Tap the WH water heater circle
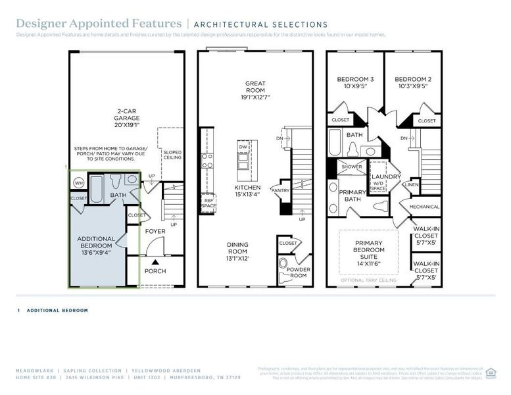tap(78, 182)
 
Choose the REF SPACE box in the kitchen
tap(208, 203)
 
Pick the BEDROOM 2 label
tap(412, 80)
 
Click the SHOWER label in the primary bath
tap(352, 167)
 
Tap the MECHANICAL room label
tap(424, 207)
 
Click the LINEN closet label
tap(412, 185)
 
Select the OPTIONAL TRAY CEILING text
tap(368, 280)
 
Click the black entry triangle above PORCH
tap(155, 261)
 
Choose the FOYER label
tap(155, 231)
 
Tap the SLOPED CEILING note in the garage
tap(172, 155)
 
